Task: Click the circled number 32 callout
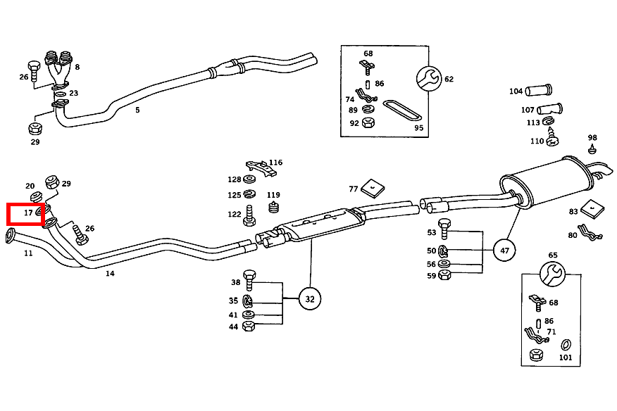[x=310, y=298]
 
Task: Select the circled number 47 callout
[x=504, y=250]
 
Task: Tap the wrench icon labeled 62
[x=429, y=79]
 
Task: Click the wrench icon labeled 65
[x=552, y=274]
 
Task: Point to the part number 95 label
[x=418, y=128]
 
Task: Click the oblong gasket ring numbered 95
[x=401, y=111]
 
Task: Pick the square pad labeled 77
[x=373, y=188]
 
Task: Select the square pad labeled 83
[x=592, y=208]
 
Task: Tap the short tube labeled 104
[x=539, y=90]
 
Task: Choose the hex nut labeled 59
[x=444, y=274]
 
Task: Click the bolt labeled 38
[x=249, y=280]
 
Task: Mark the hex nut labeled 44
[x=249, y=326]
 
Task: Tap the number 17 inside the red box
[x=28, y=213]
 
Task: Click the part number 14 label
[x=110, y=273]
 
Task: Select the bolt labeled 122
[x=249, y=215]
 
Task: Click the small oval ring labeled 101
[x=566, y=344]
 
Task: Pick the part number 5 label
[x=137, y=110]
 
